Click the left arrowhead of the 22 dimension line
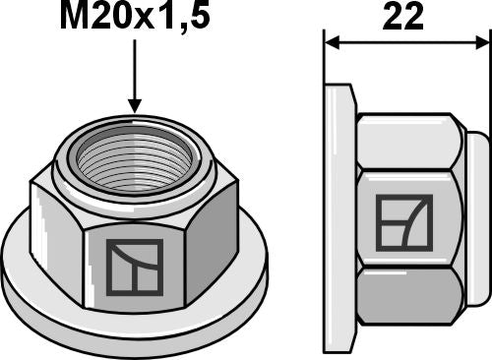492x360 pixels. click(x=333, y=43)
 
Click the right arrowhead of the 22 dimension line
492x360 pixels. click(x=481, y=43)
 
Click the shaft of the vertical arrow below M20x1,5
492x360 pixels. click(x=134, y=74)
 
